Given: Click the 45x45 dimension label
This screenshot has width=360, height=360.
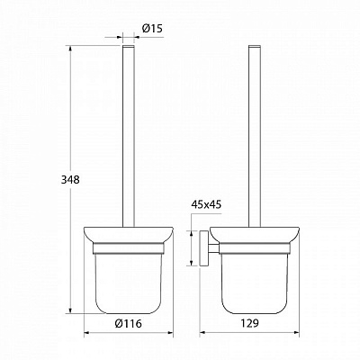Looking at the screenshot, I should (206, 205).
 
